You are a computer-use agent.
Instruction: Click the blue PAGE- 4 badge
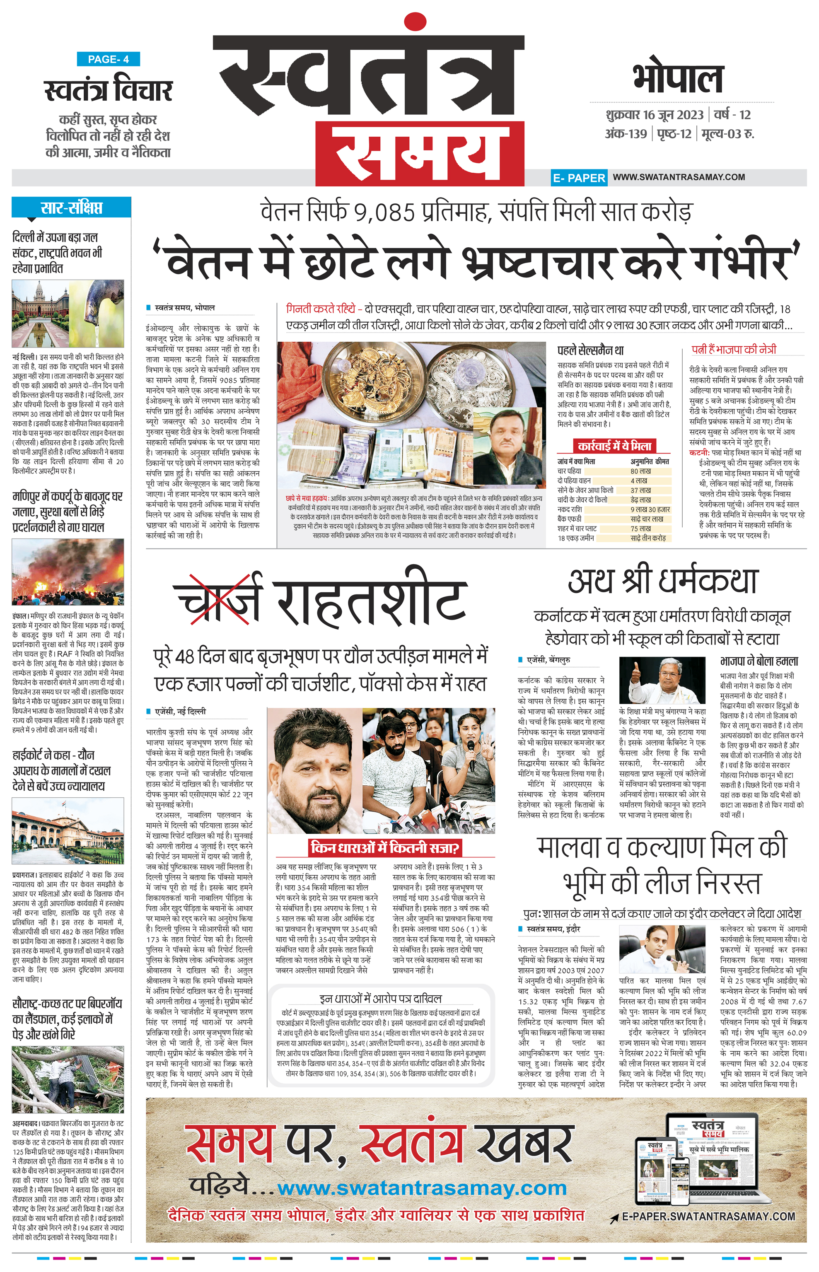click(x=109, y=59)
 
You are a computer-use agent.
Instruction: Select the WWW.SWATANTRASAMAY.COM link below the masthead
click(x=679, y=177)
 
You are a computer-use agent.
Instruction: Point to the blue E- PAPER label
click(x=579, y=178)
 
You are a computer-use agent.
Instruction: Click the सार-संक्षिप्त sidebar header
click(x=71, y=208)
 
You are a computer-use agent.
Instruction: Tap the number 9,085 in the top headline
click(x=378, y=213)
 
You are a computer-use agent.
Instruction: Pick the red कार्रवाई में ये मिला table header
click(x=614, y=446)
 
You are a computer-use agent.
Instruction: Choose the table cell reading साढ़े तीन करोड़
click(x=648, y=538)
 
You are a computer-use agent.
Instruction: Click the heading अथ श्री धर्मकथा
click(x=662, y=581)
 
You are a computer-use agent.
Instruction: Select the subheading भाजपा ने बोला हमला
click(x=759, y=661)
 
